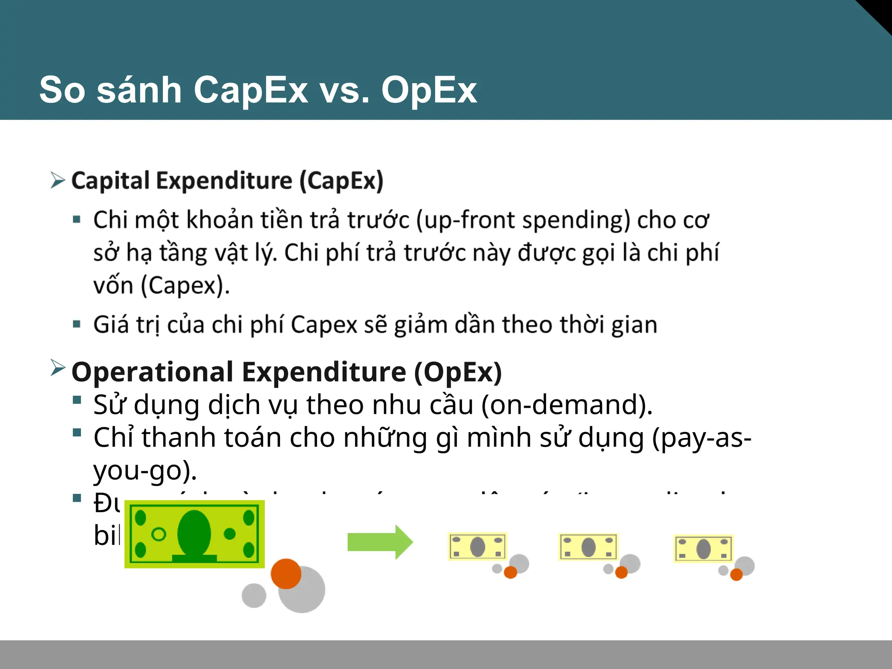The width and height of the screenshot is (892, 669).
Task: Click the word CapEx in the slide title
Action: click(250, 90)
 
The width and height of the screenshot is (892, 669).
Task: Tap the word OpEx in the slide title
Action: click(429, 90)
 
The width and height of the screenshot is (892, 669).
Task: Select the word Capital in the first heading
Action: click(111, 181)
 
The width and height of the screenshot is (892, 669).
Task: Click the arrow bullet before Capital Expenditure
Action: click(57, 180)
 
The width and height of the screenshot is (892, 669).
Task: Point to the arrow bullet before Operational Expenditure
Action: click(57, 368)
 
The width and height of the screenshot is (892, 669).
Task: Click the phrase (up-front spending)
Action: click(523, 220)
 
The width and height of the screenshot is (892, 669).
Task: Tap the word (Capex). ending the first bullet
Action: click(185, 286)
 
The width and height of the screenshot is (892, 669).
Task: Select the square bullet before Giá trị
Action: click(77, 324)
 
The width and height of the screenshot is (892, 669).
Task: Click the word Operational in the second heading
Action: click(152, 372)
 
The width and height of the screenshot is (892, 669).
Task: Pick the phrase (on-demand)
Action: click(567, 405)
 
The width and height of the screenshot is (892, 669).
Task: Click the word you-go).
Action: click(145, 470)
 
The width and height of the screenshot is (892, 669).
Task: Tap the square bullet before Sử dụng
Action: click(77, 400)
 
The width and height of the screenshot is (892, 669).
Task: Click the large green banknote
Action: click(194, 534)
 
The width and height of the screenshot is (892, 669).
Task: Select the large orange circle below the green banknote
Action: click(286, 574)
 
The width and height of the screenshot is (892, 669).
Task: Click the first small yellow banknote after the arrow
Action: click(477, 547)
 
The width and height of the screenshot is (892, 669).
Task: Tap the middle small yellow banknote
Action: click(588, 547)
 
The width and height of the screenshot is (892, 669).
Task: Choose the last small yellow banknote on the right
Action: click(703, 548)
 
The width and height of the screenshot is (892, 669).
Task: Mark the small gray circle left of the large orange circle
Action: click(254, 595)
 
